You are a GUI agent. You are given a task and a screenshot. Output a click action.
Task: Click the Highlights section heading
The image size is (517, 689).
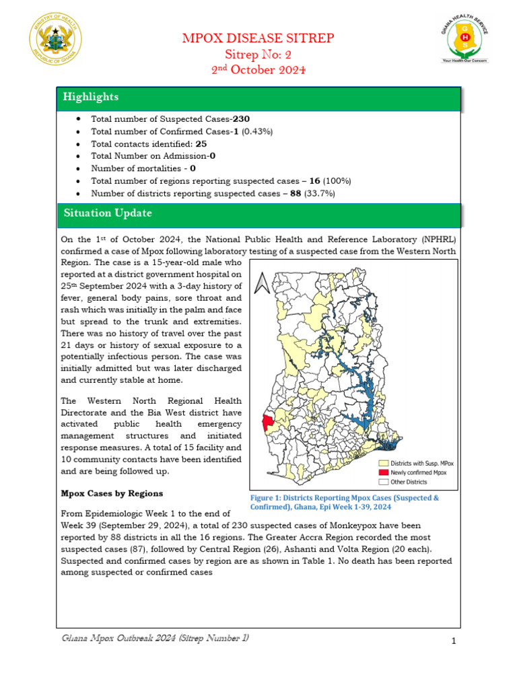point(91,98)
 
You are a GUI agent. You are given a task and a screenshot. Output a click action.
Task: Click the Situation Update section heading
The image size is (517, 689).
point(108,213)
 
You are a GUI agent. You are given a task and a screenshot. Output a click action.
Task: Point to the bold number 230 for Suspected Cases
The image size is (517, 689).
point(241,119)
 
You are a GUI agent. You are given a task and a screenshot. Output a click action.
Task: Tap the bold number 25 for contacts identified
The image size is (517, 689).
point(201,144)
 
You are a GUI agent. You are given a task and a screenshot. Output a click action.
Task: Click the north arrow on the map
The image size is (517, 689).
point(263,283)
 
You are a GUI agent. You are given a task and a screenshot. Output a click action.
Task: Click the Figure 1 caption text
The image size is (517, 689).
point(344,502)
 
